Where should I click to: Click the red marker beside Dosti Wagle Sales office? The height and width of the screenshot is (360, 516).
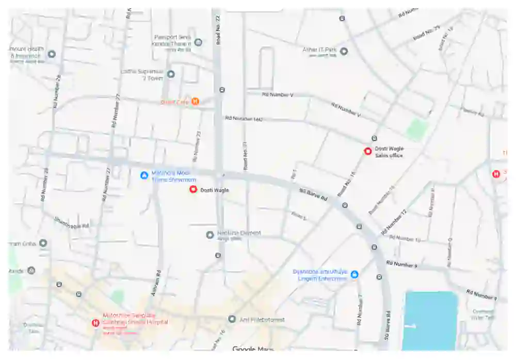tap(368, 151)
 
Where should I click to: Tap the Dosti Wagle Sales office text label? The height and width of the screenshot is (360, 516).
tap(389, 152)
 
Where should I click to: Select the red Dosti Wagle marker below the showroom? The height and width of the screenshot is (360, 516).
tap(193, 189)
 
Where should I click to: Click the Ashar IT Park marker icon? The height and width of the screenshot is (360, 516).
tap(344, 51)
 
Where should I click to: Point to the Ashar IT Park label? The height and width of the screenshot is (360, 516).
tap(319, 51)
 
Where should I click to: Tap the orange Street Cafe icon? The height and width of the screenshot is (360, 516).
tap(196, 102)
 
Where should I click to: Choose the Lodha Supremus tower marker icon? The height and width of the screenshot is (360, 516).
tap(171, 74)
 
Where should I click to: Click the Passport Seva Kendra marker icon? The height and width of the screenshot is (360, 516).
tap(198, 42)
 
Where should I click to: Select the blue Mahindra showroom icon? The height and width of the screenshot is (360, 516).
tap(144, 175)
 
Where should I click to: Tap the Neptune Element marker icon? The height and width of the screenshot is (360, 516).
tap(210, 235)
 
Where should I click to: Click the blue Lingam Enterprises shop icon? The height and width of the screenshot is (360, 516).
tap(354, 274)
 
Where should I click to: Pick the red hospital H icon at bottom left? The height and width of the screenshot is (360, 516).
tap(95, 323)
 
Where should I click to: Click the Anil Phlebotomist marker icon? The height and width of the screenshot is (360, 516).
tap(232, 319)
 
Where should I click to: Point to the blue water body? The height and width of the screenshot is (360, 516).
tap(430, 320)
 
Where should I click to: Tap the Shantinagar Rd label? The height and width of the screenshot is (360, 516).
tap(72, 223)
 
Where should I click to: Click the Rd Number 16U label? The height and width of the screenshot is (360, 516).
tap(244, 119)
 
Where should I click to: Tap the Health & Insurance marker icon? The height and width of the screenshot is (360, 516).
tap(52, 54)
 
